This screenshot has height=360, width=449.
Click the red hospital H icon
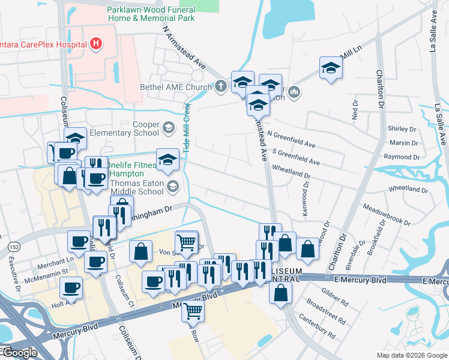coord(95,43)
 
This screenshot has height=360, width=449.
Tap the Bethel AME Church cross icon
coord(220,87)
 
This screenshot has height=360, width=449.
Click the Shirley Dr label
coord(402,129)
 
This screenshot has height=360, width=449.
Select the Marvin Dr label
coord(403,143)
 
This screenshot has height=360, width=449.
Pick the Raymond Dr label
coord(402,157)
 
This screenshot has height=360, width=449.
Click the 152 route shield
coord(11,247)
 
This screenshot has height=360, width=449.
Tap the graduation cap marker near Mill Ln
coord(330,68)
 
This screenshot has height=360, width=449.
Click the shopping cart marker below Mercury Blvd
coord(193,310)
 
